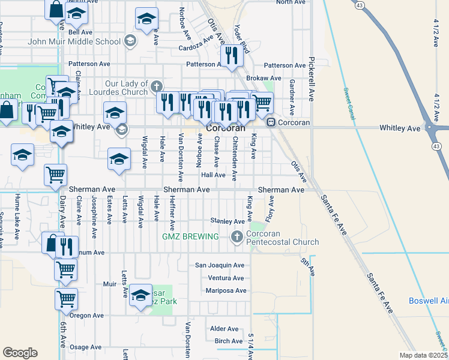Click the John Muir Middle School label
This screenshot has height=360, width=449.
tap(74, 42)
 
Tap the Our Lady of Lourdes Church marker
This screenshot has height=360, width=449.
tap(157, 85)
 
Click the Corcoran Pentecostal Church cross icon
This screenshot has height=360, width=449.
tap(237, 237)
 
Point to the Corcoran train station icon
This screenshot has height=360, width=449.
tap(271, 122)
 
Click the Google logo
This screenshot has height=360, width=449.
tap(20, 353)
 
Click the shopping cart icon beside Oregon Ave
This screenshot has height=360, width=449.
tap(66, 298)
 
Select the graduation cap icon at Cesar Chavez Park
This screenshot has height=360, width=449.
tap(141, 295)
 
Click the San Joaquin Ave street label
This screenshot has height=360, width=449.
tap(220, 265)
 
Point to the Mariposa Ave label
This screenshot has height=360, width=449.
tap(226, 290)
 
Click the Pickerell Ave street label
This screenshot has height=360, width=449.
tap(312, 79)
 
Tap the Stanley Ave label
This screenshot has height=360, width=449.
tap(228, 221)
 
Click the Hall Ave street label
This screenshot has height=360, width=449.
tap(213, 175)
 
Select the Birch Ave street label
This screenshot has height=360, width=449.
tap(228, 341)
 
